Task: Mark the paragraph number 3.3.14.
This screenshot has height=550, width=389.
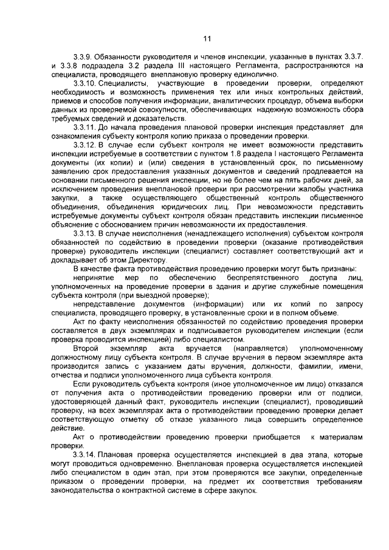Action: [84, 453]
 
